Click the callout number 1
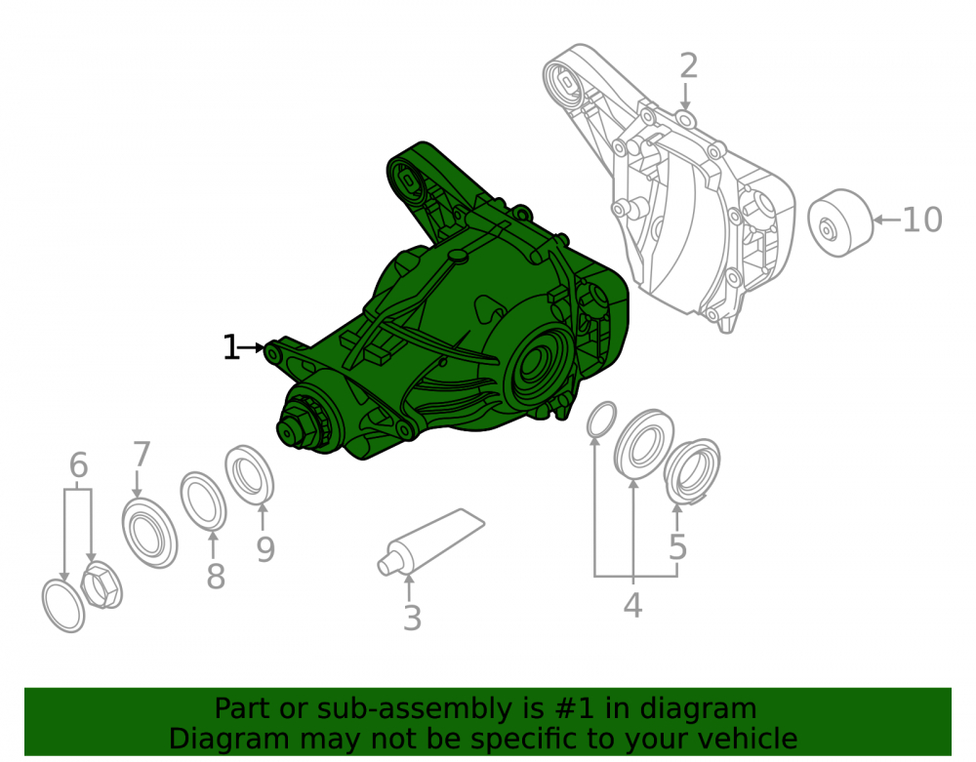[231, 347]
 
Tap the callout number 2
[688, 66]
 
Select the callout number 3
[412, 619]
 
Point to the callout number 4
[632, 605]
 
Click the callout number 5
[677, 546]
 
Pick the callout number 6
[78, 464]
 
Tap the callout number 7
[142, 454]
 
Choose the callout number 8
[216, 577]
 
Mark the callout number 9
[265, 549]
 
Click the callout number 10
[922, 220]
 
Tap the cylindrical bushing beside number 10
[840, 222]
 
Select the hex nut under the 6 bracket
[102, 585]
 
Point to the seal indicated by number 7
[149, 533]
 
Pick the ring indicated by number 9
[249, 474]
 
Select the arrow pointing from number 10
[887, 220]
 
